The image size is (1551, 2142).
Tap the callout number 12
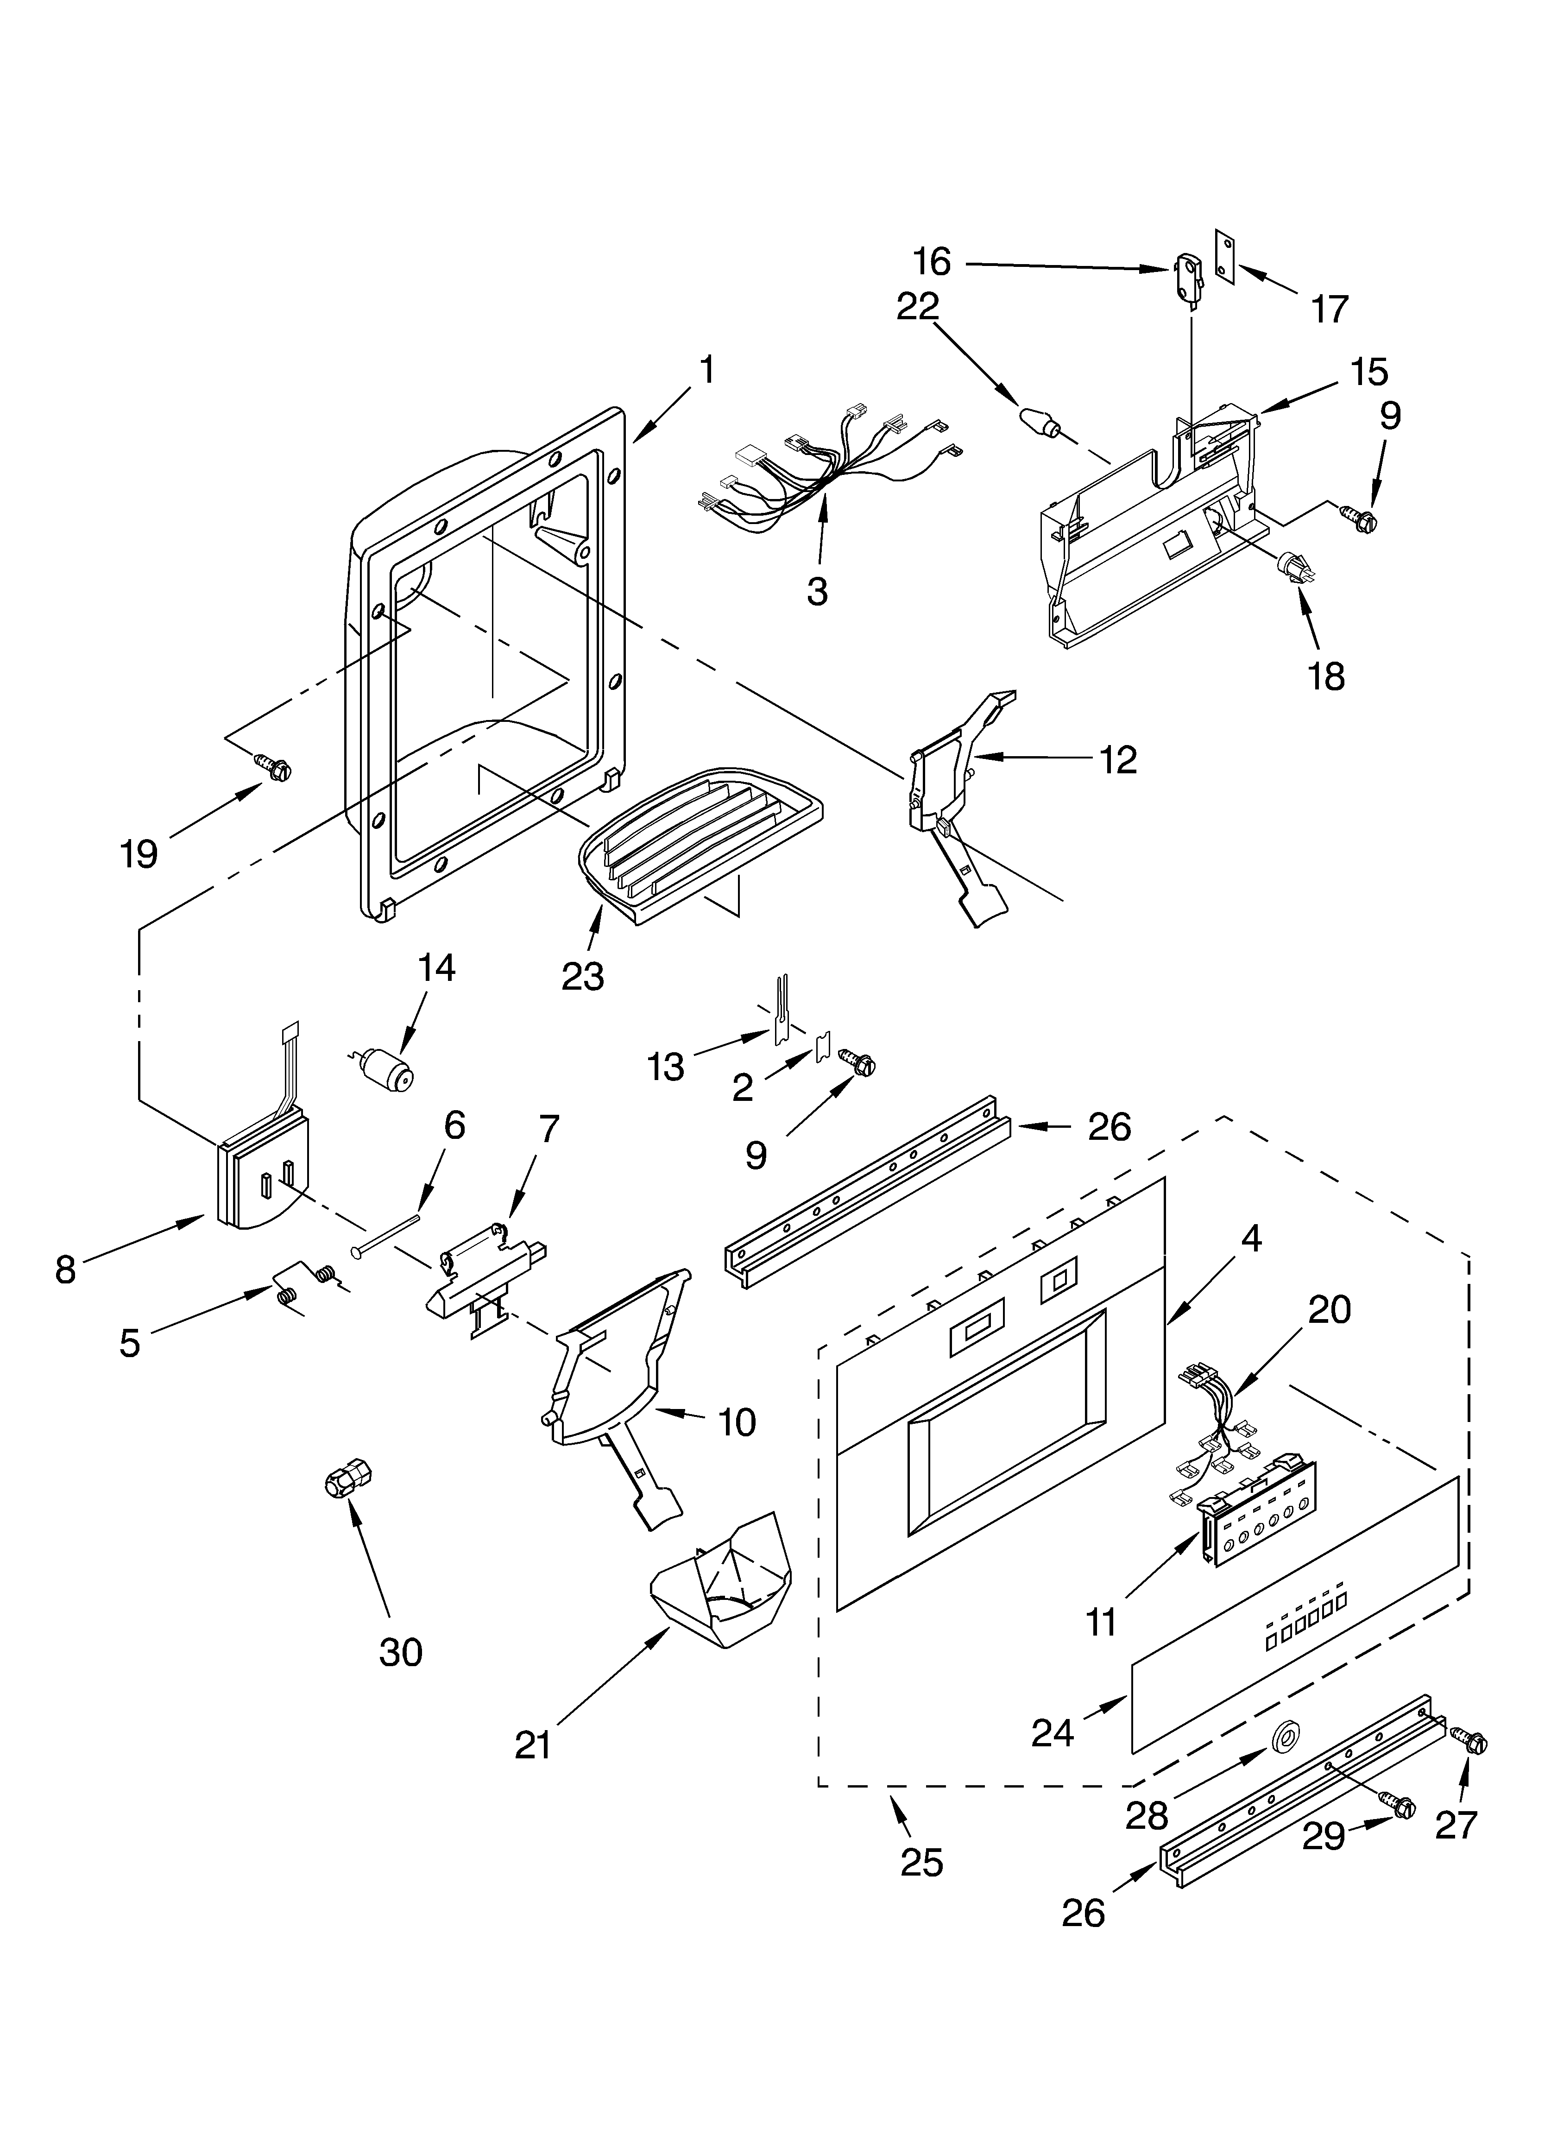click(1118, 759)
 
